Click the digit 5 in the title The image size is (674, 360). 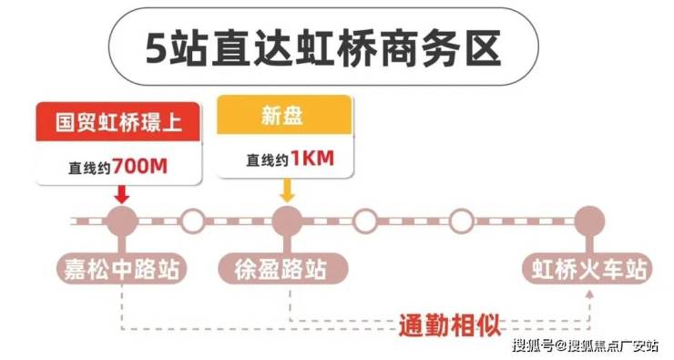pyautogui.click(x=157, y=47)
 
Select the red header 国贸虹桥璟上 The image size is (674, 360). pyautogui.click(x=118, y=122)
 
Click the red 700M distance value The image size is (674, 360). pyautogui.click(x=140, y=166)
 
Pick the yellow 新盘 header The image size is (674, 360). pyautogui.click(x=284, y=115)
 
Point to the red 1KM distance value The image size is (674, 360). pyautogui.click(x=312, y=159)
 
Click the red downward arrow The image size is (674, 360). pyautogui.click(x=122, y=194)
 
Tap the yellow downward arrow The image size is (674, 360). pyautogui.click(x=287, y=190)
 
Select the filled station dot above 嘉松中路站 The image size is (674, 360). pyautogui.click(x=122, y=221)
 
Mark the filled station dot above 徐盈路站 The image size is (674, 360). pyautogui.click(x=287, y=221)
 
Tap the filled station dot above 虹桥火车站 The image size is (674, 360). pyautogui.click(x=590, y=221)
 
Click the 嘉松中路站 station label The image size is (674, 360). pyautogui.click(x=122, y=269)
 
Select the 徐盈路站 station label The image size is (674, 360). pyautogui.click(x=282, y=269)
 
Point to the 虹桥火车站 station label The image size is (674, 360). pyautogui.click(x=588, y=269)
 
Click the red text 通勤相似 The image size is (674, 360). pyautogui.click(x=450, y=325)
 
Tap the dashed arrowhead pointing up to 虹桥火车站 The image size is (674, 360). pyautogui.click(x=590, y=293)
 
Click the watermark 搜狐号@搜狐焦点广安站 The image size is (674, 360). pyautogui.click(x=585, y=345)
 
